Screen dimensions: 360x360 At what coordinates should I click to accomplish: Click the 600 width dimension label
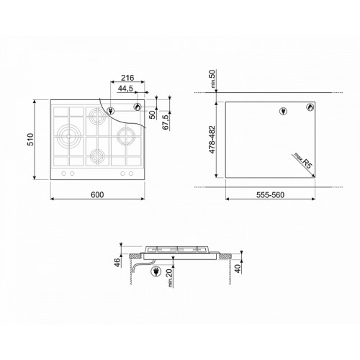tap(97, 194)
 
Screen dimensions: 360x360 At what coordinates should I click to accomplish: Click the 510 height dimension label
tap(31, 139)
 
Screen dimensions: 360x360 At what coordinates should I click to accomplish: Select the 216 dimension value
tap(127, 78)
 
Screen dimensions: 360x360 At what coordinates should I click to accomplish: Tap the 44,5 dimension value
tap(125, 89)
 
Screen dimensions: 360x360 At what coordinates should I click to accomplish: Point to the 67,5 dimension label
tap(166, 122)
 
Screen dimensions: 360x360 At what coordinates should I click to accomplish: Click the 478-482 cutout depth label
tap(212, 140)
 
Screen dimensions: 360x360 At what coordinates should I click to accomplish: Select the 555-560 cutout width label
tap(270, 195)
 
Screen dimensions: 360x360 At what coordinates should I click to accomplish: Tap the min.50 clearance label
tap(212, 78)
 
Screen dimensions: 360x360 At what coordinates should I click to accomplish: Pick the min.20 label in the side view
tap(169, 278)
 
